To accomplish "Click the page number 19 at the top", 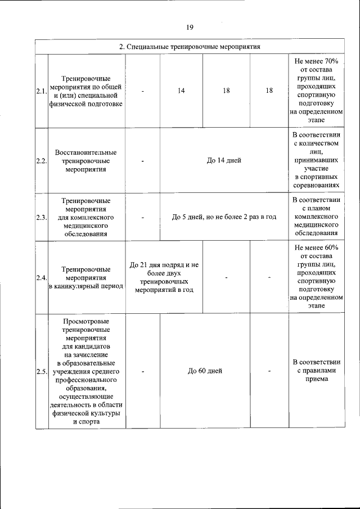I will pyautogui.click(x=190, y=26).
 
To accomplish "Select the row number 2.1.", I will pyautogui.click(x=41, y=91).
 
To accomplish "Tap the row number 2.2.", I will pyautogui.click(x=41, y=160).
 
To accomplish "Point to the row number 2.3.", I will pyautogui.click(x=41, y=217).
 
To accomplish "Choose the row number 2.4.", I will pyautogui.click(x=41, y=277).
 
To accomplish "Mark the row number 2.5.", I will pyautogui.click(x=41, y=371).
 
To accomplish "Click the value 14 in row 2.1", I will pyautogui.click(x=181, y=91).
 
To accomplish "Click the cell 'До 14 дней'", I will pyautogui.click(x=224, y=160).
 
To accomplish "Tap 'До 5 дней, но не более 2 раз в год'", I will pyautogui.click(x=224, y=217).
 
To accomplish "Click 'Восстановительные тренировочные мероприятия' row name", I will pyautogui.click(x=86, y=160).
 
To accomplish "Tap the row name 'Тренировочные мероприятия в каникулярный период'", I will pyautogui.click(x=86, y=277).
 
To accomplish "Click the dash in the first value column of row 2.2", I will pyautogui.click(x=143, y=161).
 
